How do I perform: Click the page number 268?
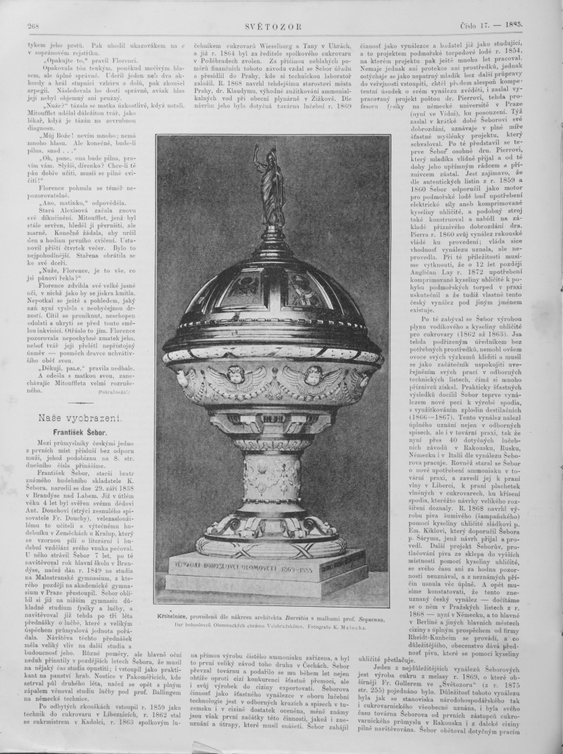point(32,27)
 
